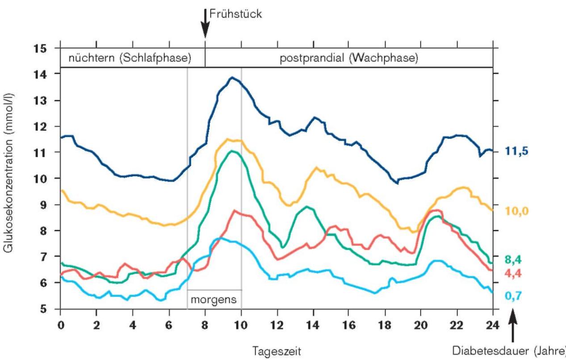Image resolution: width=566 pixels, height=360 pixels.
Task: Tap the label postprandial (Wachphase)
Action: [x=349, y=59]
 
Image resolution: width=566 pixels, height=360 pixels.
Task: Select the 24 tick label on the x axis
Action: [x=493, y=325]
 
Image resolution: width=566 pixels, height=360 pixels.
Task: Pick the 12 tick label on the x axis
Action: [x=277, y=325]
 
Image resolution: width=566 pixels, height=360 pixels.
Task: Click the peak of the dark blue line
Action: [x=232, y=77]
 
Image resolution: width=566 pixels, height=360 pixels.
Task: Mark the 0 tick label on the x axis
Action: [x=60, y=325]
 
